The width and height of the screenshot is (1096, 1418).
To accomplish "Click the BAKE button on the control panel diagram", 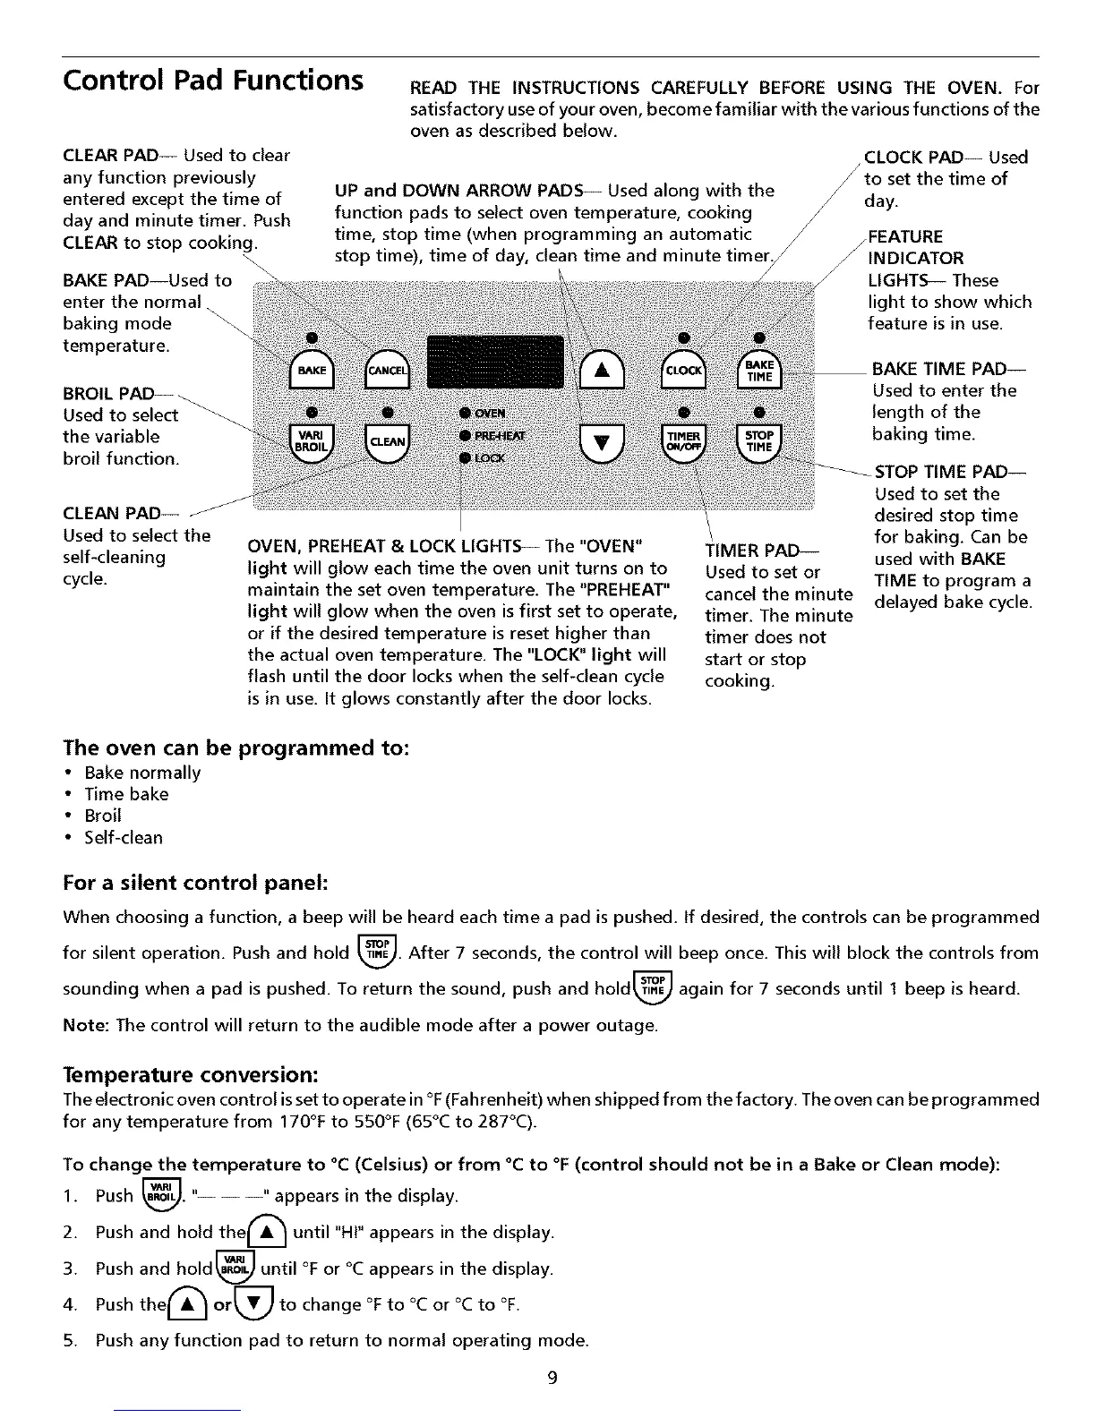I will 312,370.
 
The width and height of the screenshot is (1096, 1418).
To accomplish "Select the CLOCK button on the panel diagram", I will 682,370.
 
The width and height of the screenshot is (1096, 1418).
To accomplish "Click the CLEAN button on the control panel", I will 387,441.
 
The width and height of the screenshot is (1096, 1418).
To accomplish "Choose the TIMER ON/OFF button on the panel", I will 682,441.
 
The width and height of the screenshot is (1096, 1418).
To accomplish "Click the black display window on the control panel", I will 495,362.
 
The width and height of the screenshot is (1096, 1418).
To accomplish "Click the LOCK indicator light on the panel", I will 466,457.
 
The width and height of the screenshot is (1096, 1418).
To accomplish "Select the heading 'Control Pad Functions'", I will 213,80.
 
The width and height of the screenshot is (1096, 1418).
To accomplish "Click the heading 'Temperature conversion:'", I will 191,1073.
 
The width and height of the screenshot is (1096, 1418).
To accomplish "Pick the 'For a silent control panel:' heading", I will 196,884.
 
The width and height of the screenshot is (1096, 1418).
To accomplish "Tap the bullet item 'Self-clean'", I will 124,838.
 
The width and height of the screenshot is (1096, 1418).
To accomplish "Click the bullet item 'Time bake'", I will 126,794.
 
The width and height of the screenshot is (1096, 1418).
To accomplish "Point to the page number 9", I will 552,1378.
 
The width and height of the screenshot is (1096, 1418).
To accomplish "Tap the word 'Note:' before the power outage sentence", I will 85,1024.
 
